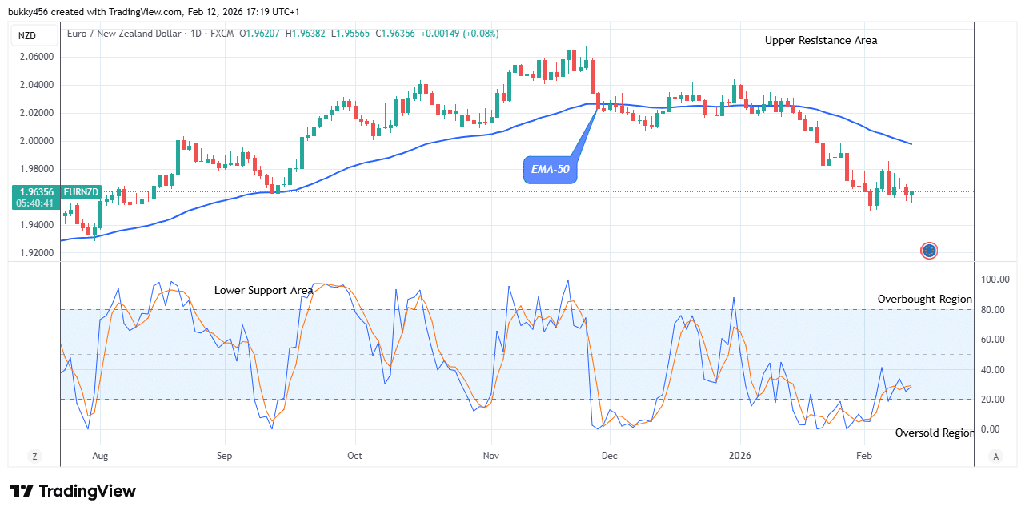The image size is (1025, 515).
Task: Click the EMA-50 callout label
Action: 550,170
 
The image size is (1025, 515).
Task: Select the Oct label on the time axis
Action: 354,456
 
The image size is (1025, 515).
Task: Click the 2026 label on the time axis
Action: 740,456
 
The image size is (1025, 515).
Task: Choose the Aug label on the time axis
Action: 99,456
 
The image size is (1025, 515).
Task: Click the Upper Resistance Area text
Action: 820,40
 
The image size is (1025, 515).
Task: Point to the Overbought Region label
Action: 924,299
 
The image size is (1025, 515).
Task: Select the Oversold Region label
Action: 934,433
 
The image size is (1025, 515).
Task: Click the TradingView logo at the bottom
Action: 73,491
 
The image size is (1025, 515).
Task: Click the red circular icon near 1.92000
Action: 928,251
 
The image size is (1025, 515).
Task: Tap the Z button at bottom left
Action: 34,456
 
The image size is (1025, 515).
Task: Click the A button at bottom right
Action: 995,456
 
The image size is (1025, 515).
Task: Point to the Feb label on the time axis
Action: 863,456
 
